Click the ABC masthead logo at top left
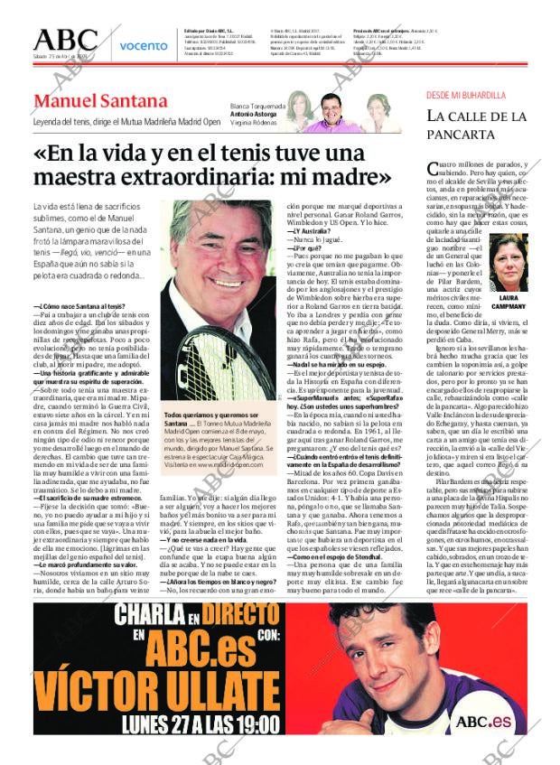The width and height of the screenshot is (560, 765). point(65,40)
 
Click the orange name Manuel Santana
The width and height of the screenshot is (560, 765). point(100,101)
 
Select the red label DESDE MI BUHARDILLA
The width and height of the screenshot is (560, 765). point(466,95)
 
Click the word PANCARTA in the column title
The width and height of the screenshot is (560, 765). point(461,135)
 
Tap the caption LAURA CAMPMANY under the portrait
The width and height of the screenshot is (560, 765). point(508,302)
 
